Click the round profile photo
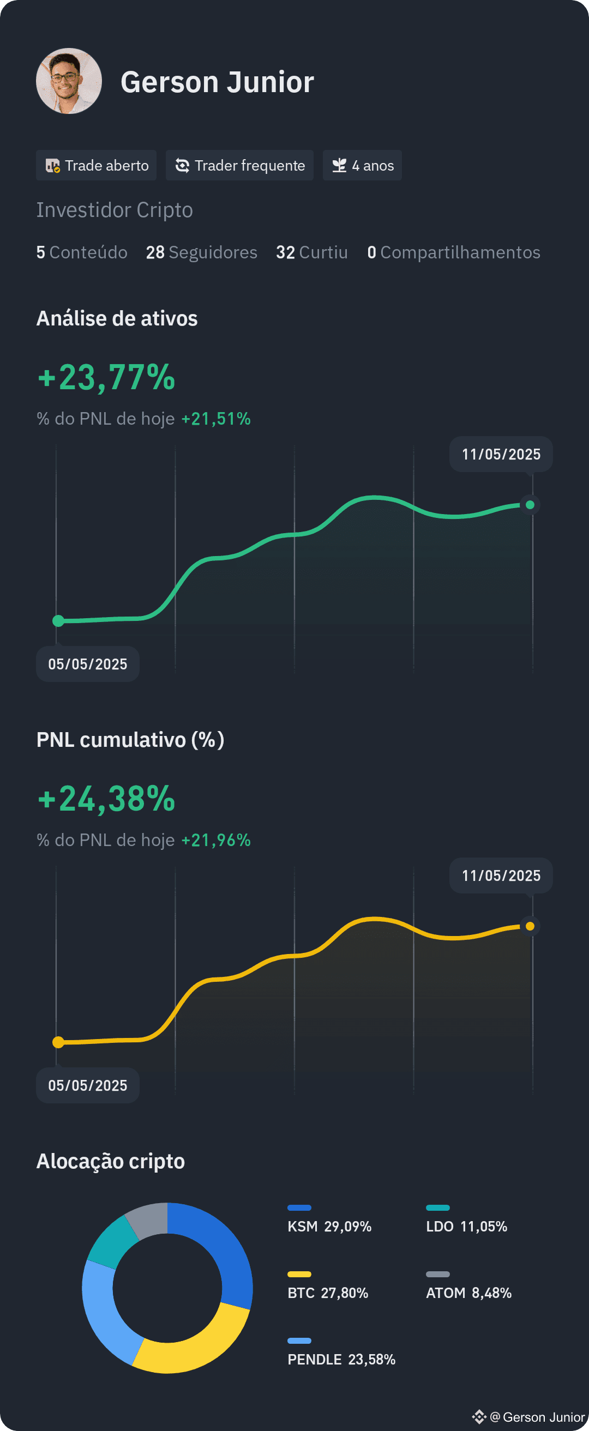pos(69,81)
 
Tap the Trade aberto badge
pos(96,165)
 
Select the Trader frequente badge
pos(239,165)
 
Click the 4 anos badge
pos(362,165)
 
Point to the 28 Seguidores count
pos(202,252)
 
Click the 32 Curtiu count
pos(312,252)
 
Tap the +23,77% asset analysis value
pos(106,377)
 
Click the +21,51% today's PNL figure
pos(216,418)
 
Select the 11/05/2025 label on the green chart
pos(501,455)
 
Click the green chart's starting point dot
pos(58,620)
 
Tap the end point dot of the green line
pos(530,504)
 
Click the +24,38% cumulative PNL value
pos(106,799)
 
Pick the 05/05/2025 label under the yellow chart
pos(88,1085)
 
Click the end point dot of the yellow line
pos(530,926)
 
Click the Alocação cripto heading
pos(111,1161)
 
